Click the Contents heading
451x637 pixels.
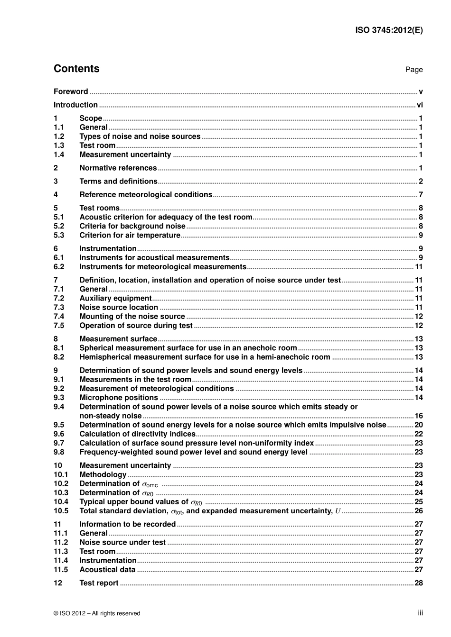point(76,69)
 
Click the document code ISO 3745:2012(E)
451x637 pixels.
point(389,30)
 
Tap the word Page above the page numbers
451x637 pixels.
point(413,70)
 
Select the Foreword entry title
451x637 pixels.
point(71,91)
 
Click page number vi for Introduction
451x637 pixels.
point(420,105)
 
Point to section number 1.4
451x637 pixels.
point(59,155)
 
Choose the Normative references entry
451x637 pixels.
point(118,168)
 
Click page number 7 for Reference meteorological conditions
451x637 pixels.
point(421,194)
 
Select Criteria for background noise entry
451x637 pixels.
point(132,226)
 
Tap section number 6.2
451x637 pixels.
point(59,267)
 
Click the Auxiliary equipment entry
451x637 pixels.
point(115,298)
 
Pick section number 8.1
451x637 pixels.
point(59,348)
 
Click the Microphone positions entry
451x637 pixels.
point(118,398)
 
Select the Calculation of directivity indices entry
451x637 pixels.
point(137,434)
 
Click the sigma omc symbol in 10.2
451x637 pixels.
point(150,484)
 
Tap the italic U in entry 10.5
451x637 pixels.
point(338,511)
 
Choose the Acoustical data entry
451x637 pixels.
point(107,570)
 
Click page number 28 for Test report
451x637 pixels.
point(419,583)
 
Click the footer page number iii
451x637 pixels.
point(420,613)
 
